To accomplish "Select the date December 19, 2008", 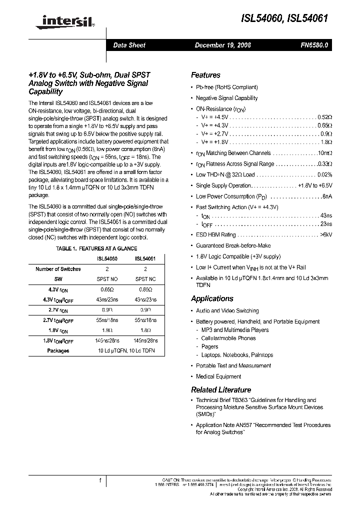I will tap(222, 45).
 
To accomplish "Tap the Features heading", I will tap(205, 75).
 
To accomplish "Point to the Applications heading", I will tap(212, 299).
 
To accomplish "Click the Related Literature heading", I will tap(221, 390).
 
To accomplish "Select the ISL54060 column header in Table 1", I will tap(107, 259).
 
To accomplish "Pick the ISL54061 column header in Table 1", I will tap(145, 259).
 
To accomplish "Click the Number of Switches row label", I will tap(58, 269).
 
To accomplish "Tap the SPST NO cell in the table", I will tap(107, 279).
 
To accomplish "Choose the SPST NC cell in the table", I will tap(145, 279).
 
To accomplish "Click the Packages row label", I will tap(58, 351).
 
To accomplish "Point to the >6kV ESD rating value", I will tap(325, 235).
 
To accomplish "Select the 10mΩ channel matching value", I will tap(324, 153).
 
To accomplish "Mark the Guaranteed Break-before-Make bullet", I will tap(233, 246).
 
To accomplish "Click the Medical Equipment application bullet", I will tap(218, 377).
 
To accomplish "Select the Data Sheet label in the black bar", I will tap(129, 45).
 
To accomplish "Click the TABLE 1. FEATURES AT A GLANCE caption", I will tap(96, 248).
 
